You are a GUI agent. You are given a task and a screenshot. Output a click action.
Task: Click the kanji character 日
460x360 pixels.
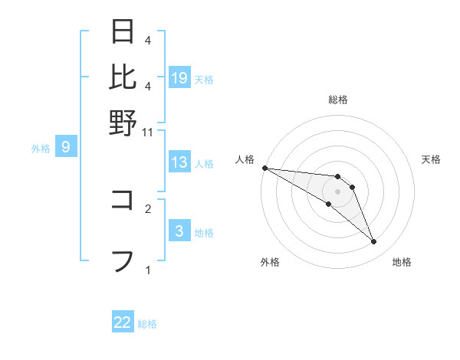pos(123,32)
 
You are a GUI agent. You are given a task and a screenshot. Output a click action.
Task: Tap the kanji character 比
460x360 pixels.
pos(123,77)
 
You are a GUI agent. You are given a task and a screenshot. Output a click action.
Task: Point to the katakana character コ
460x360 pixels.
pos(123,200)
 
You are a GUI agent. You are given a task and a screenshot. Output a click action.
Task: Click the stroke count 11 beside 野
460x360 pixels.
pos(148,133)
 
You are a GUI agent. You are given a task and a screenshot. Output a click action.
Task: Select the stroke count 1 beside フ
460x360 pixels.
pos(148,270)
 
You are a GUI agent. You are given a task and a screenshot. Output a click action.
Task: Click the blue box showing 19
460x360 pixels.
pos(179,78)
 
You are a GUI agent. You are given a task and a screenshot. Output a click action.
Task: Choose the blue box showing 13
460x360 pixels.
pos(179,162)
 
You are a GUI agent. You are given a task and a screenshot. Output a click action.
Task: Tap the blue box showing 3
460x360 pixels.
pos(179,231)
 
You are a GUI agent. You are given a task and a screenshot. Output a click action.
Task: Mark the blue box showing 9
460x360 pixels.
pos(66,147)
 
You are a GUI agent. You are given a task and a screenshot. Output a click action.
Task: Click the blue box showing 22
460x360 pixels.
pos(123,323)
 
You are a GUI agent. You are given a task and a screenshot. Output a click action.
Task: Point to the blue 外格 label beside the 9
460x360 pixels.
pos(41,149)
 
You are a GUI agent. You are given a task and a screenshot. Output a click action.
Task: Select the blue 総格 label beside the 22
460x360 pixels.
pos(147,324)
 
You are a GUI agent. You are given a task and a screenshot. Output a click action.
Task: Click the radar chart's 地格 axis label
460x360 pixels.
pos(402,262)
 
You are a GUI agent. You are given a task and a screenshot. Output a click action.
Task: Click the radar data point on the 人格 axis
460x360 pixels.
pos(264,168)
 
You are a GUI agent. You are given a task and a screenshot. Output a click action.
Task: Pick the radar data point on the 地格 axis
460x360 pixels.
pos(374,242)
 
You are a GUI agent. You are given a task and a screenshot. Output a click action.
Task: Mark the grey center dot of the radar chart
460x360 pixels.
pos(337,191)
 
